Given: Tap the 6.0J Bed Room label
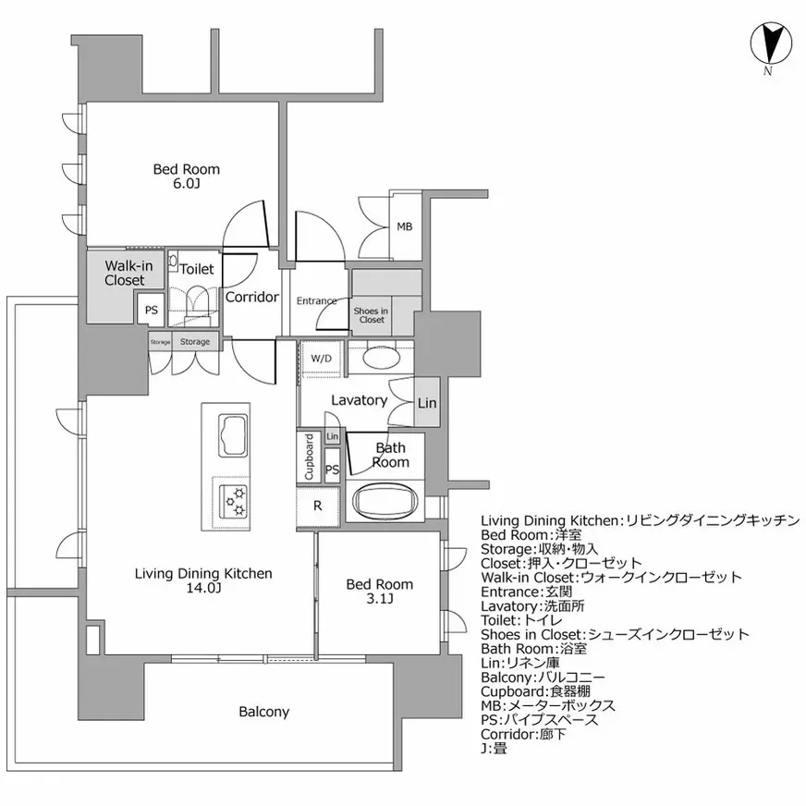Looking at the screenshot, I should [186, 176].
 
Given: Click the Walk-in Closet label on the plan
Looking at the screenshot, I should [124, 274].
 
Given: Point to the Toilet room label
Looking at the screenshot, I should [196, 270].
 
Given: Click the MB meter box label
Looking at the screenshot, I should [404, 226].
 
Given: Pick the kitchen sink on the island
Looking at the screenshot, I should [232, 434].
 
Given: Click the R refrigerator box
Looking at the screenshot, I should [317, 506].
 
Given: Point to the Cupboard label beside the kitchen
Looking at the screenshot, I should [309, 457].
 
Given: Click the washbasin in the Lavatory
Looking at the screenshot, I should [380, 357].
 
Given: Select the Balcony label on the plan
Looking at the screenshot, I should [263, 712].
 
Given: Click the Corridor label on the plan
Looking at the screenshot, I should [251, 298].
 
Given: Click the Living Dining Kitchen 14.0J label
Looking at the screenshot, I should [203, 580].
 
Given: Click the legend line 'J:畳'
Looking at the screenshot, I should [494, 748].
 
